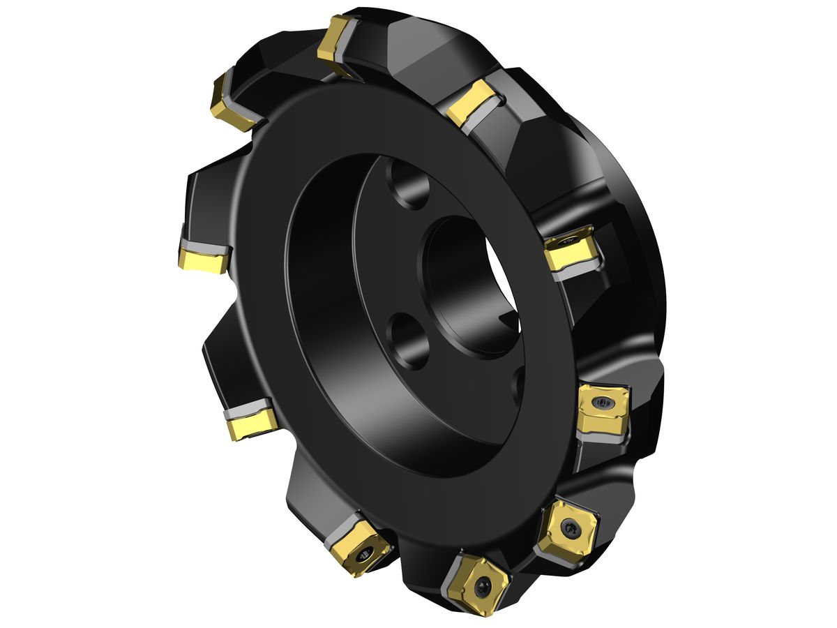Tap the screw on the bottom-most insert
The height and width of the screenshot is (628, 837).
click(x=481, y=588)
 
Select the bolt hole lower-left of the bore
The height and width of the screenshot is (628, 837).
click(x=408, y=341)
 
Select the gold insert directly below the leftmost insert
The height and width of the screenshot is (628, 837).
click(x=249, y=423)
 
